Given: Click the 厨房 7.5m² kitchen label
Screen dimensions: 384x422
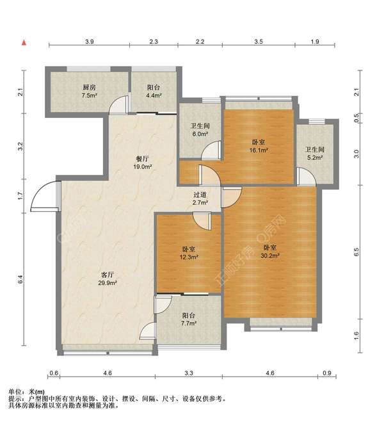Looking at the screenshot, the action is pos(90,91).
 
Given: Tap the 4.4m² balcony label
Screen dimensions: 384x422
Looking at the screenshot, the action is pos(154,91).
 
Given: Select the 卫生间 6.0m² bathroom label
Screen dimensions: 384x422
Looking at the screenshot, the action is pos(200,130).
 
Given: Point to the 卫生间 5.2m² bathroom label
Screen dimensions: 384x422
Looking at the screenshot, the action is pos(315,154).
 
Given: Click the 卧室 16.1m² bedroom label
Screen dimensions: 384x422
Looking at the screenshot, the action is pos(259,146).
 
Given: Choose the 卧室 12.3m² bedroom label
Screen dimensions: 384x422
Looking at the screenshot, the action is pos(189,253).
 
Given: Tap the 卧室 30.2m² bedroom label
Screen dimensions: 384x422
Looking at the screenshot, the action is pos(270,252).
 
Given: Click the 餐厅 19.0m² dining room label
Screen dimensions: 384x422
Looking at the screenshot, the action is pos(143,163).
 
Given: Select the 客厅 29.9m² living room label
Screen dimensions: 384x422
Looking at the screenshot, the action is pos(108,279).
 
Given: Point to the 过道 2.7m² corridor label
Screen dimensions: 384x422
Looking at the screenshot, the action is pos(200,199).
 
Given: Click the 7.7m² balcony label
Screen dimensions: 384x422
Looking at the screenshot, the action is pos(189,319).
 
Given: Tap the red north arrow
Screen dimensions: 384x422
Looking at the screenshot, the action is pos(24,42).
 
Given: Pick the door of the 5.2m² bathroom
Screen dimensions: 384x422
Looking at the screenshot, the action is pos(306,176).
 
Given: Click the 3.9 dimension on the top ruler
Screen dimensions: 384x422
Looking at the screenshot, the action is pos(90,42).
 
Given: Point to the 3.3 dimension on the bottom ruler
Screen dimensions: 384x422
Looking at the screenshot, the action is pos(189,373).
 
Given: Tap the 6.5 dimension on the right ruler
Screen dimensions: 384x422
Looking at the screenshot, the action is pos(356,252).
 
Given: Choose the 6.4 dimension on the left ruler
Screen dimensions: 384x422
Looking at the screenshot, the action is pos(20,279).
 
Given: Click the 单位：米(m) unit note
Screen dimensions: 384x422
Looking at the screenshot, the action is pos(27,392).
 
